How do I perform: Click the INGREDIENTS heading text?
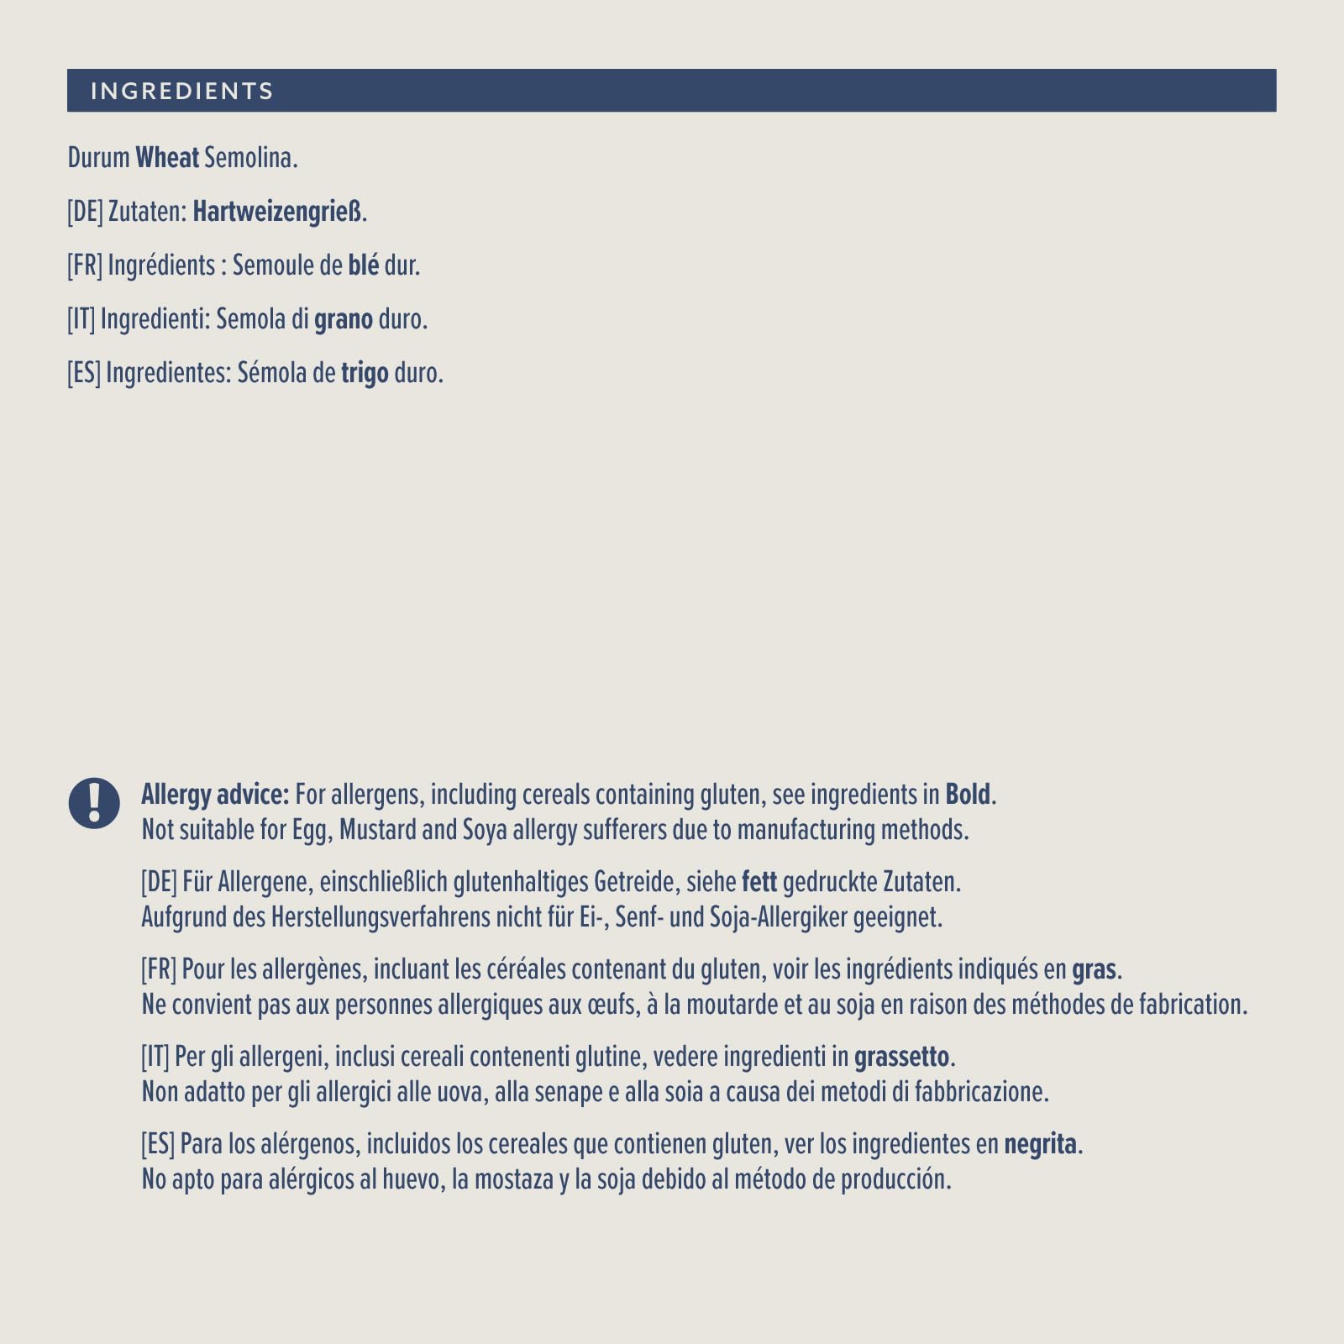click(x=182, y=91)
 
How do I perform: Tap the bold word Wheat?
click(x=167, y=157)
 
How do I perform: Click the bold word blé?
click(x=363, y=265)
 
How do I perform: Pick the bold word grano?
click(x=343, y=319)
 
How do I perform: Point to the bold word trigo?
click(x=365, y=373)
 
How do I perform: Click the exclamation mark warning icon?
click(x=94, y=803)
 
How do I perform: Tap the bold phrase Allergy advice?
click(x=215, y=794)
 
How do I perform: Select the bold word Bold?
click(x=969, y=794)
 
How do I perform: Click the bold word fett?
click(x=759, y=882)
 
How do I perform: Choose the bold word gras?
click(x=1094, y=969)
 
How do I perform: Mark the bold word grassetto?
click(x=901, y=1057)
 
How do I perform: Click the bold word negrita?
click(x=1040, y=1144)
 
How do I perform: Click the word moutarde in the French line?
click(x=732, y=1005)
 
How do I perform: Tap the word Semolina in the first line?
click(x=250, y=157)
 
